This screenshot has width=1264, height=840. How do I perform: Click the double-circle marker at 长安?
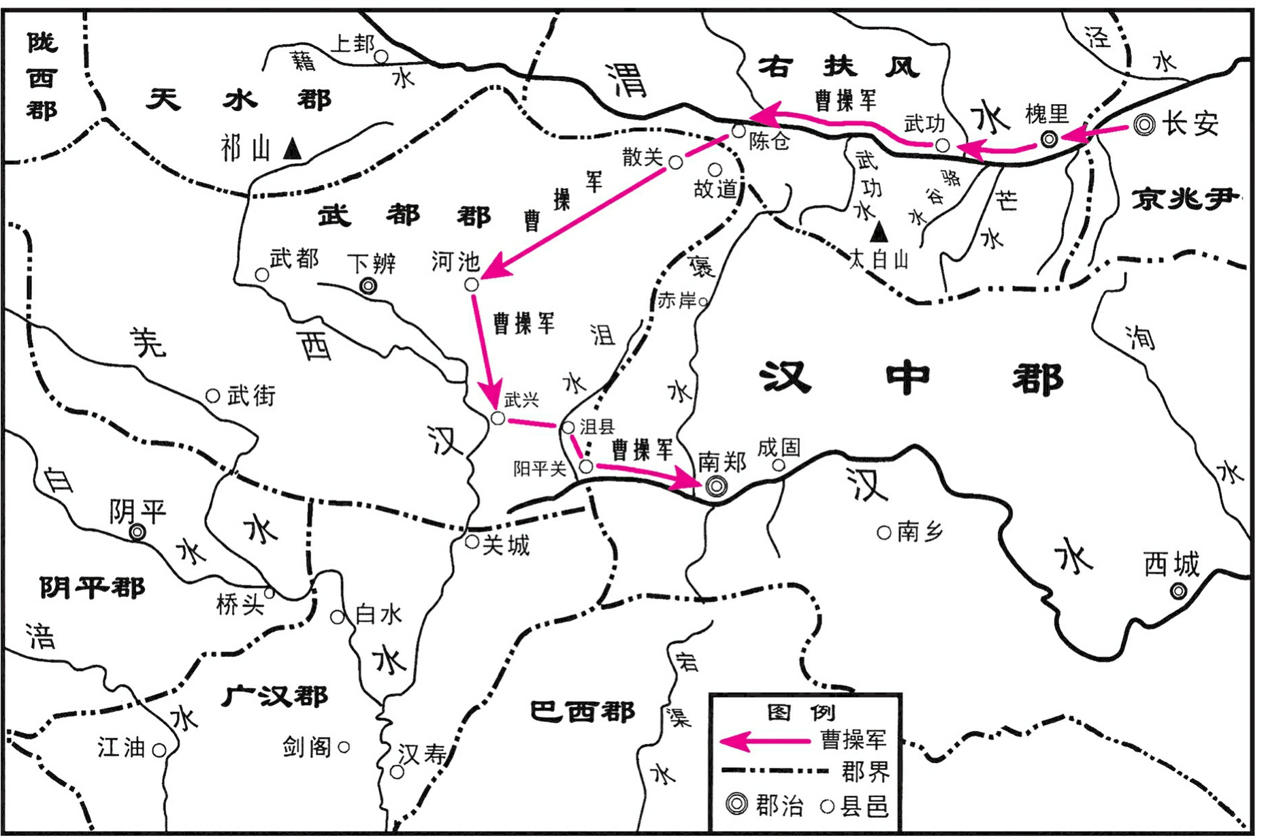pyautogui.click(x=1145, y=125)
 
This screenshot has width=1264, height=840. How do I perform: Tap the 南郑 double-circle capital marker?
pyautogui.click(x=716, y=486)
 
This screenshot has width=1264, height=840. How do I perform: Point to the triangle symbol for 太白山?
pyautogui.click(x=879, y=233)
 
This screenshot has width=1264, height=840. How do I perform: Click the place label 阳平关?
pyautogui.click(x=540, y=468)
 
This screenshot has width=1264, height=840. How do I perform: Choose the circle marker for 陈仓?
pyautogui.click(x=739, y=131)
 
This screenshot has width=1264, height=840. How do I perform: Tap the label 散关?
pyautogui.click(x=643, y=157)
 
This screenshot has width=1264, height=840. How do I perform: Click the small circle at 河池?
pyautogui.click(x=472, y=285)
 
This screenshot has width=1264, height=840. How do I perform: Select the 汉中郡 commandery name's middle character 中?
pyautogui.click(x=907, y=378)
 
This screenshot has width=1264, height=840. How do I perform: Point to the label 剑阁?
pyautogui.click(x=307, y=747)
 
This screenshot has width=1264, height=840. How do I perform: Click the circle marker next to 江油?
pyautogui.click(x=159, y=749)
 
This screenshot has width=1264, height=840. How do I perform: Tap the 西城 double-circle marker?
pyautogui.click(x=1178, y=591)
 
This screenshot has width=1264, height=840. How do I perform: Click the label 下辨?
pyautogui.click(x=371, y=263)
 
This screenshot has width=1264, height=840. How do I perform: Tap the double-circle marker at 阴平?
pyautogui.click(x=137, y=532)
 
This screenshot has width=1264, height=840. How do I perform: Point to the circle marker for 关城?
pyautogui.click(x=472, y=542)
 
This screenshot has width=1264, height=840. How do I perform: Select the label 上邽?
pyautogui.click(x=353, y=44)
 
